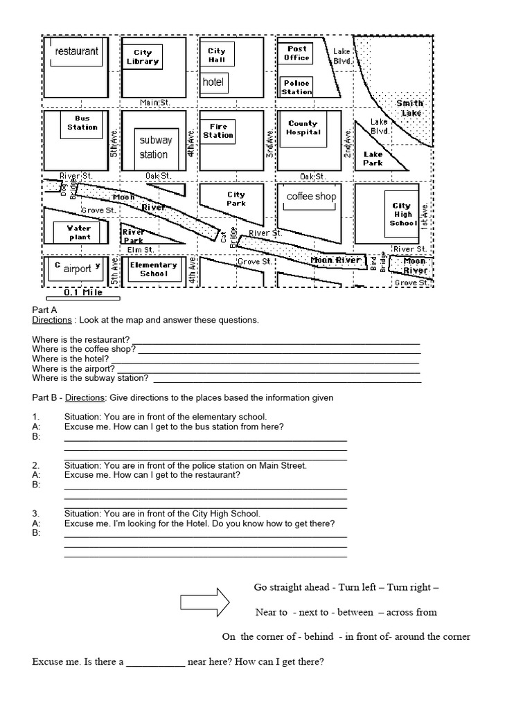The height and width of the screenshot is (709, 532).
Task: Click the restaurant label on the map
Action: tap(76, 51)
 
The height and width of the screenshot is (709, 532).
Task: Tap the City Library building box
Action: tap(143, 57)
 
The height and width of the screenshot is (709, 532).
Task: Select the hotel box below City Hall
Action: tap(214, 82)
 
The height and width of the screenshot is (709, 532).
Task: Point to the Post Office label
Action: tap(296, 53)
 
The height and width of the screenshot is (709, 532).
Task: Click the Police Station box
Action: tap(296, 87)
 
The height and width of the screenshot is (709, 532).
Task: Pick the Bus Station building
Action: tap(82, 123)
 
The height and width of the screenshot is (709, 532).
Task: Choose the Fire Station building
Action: tap(218, 131)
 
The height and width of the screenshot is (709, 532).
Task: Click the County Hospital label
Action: tap(303, 127)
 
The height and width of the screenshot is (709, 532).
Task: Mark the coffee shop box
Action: tap(311, 197)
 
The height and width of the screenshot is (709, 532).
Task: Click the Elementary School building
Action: tap(154, 269)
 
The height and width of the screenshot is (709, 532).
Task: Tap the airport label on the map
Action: tap(78, 269)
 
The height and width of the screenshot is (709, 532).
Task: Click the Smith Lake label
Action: tap(409, 108)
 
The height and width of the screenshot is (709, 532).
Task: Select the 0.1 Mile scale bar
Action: tap(82, 298)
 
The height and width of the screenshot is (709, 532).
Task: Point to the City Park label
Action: tap(236, 199)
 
